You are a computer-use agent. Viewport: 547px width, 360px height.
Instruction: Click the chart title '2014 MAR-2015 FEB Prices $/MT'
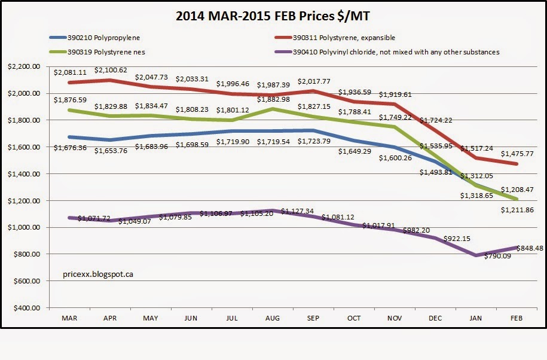pyautogui.click(x=273, y=16)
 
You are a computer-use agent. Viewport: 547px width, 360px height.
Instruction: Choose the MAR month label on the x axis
pyautogui.click(x=70, y=319)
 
